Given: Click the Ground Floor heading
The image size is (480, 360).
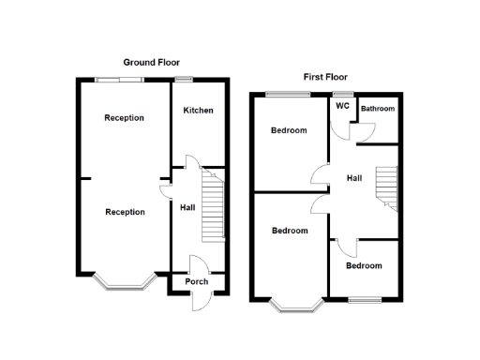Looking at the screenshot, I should (151, 62).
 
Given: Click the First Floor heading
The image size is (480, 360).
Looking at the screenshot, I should (325, 76).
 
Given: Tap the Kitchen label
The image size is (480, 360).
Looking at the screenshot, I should (198, 111).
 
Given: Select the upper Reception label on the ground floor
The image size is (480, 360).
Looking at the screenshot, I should (125, 118).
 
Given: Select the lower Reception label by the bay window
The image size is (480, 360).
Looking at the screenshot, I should (125, 212).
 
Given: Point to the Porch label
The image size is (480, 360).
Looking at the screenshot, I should (197, 282).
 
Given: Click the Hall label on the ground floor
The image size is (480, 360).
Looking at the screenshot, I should (187, 207).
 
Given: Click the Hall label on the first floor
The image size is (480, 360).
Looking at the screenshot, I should (354, 178).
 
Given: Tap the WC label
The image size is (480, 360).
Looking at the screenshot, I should (342, 105).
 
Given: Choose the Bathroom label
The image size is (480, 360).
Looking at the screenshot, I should (379, 109).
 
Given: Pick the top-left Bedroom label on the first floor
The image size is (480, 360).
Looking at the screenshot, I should (289, 130).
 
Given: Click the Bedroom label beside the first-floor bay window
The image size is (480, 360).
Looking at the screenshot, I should (290, 231).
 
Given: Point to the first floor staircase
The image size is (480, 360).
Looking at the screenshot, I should (386, 187).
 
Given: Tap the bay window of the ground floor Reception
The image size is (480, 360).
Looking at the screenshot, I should (124, 281).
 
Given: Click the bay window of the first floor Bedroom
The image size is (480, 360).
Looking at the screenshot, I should (296, 304).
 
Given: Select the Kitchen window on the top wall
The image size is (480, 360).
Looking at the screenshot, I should (184, 78).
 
